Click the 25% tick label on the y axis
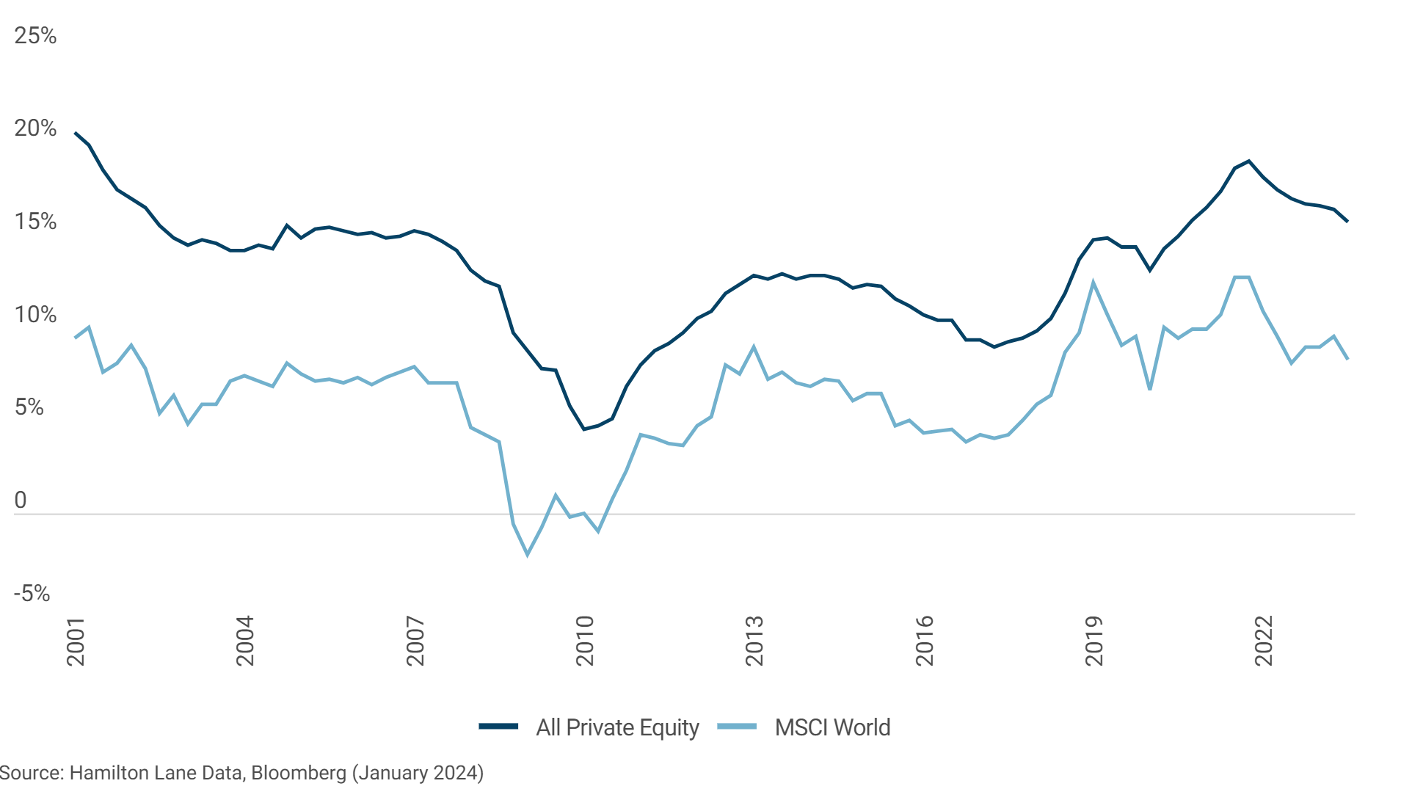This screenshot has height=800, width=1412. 35,35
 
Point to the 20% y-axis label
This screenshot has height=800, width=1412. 35,128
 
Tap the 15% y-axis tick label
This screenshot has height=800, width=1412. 35,222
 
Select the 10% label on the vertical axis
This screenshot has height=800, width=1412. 35,315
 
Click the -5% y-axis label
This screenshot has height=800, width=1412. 32,593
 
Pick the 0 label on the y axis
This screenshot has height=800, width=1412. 21,501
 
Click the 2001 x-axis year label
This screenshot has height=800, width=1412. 76,641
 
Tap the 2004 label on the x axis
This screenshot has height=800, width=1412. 245,641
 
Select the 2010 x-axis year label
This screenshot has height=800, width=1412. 585,641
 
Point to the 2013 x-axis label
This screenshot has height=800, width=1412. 754,641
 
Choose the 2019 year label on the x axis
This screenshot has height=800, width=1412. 1094,641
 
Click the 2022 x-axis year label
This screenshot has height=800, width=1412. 1264,641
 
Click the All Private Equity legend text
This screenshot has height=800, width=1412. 617,727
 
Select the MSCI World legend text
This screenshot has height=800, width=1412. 832,727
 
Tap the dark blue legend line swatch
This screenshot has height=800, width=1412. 498,727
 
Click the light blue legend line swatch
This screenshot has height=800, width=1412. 737,727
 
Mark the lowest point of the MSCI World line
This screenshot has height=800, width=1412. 527,555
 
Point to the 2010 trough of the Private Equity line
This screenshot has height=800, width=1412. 584,429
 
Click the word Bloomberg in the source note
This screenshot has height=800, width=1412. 299,773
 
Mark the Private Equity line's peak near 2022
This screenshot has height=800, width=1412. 1248,161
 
